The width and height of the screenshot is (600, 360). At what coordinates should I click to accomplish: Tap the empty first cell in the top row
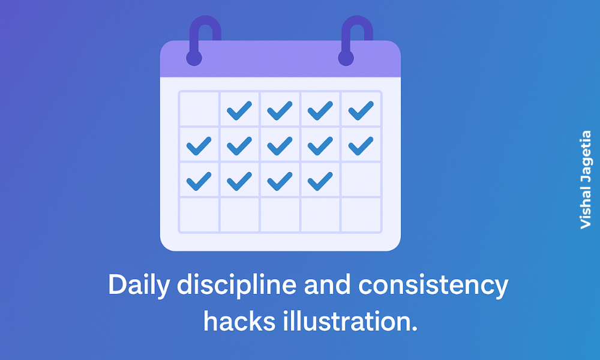click(x=199, y=109)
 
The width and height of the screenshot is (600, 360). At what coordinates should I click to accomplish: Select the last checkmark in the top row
click(x=361, y=110)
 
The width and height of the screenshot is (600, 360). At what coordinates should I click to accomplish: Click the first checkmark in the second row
click(x=199, y=145)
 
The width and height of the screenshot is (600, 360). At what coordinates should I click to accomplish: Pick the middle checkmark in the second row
click(x=280, y=145)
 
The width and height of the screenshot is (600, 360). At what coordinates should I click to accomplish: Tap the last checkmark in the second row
click(x=361, y=145)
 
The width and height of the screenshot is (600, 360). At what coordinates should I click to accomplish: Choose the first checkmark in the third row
click(x=199, y=179)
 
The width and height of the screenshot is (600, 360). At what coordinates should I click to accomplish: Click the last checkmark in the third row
click(x=320, y=179)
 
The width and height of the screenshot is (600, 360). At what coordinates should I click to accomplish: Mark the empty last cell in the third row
click(x=361, y=179)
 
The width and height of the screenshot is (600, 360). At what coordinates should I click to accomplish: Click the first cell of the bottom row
click(x=199, y=214)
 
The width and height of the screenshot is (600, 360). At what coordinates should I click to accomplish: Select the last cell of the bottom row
click(x=361, y=214)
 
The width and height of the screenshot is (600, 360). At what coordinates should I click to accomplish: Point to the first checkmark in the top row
click(x=239, y=110)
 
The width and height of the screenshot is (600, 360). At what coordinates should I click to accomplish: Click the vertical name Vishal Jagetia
click(x=586, y=180)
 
